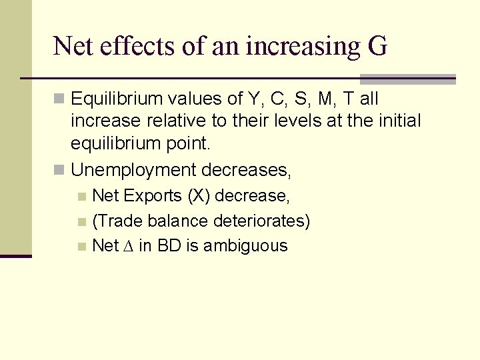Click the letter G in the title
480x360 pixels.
[x=377, y=46]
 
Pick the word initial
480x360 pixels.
[x=397, y=122]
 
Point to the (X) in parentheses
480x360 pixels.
[x=199, y=196]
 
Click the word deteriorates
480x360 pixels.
[x=264, y=221]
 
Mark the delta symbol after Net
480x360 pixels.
[x=129, y=246]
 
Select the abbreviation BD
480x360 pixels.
[x=169, y=246]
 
